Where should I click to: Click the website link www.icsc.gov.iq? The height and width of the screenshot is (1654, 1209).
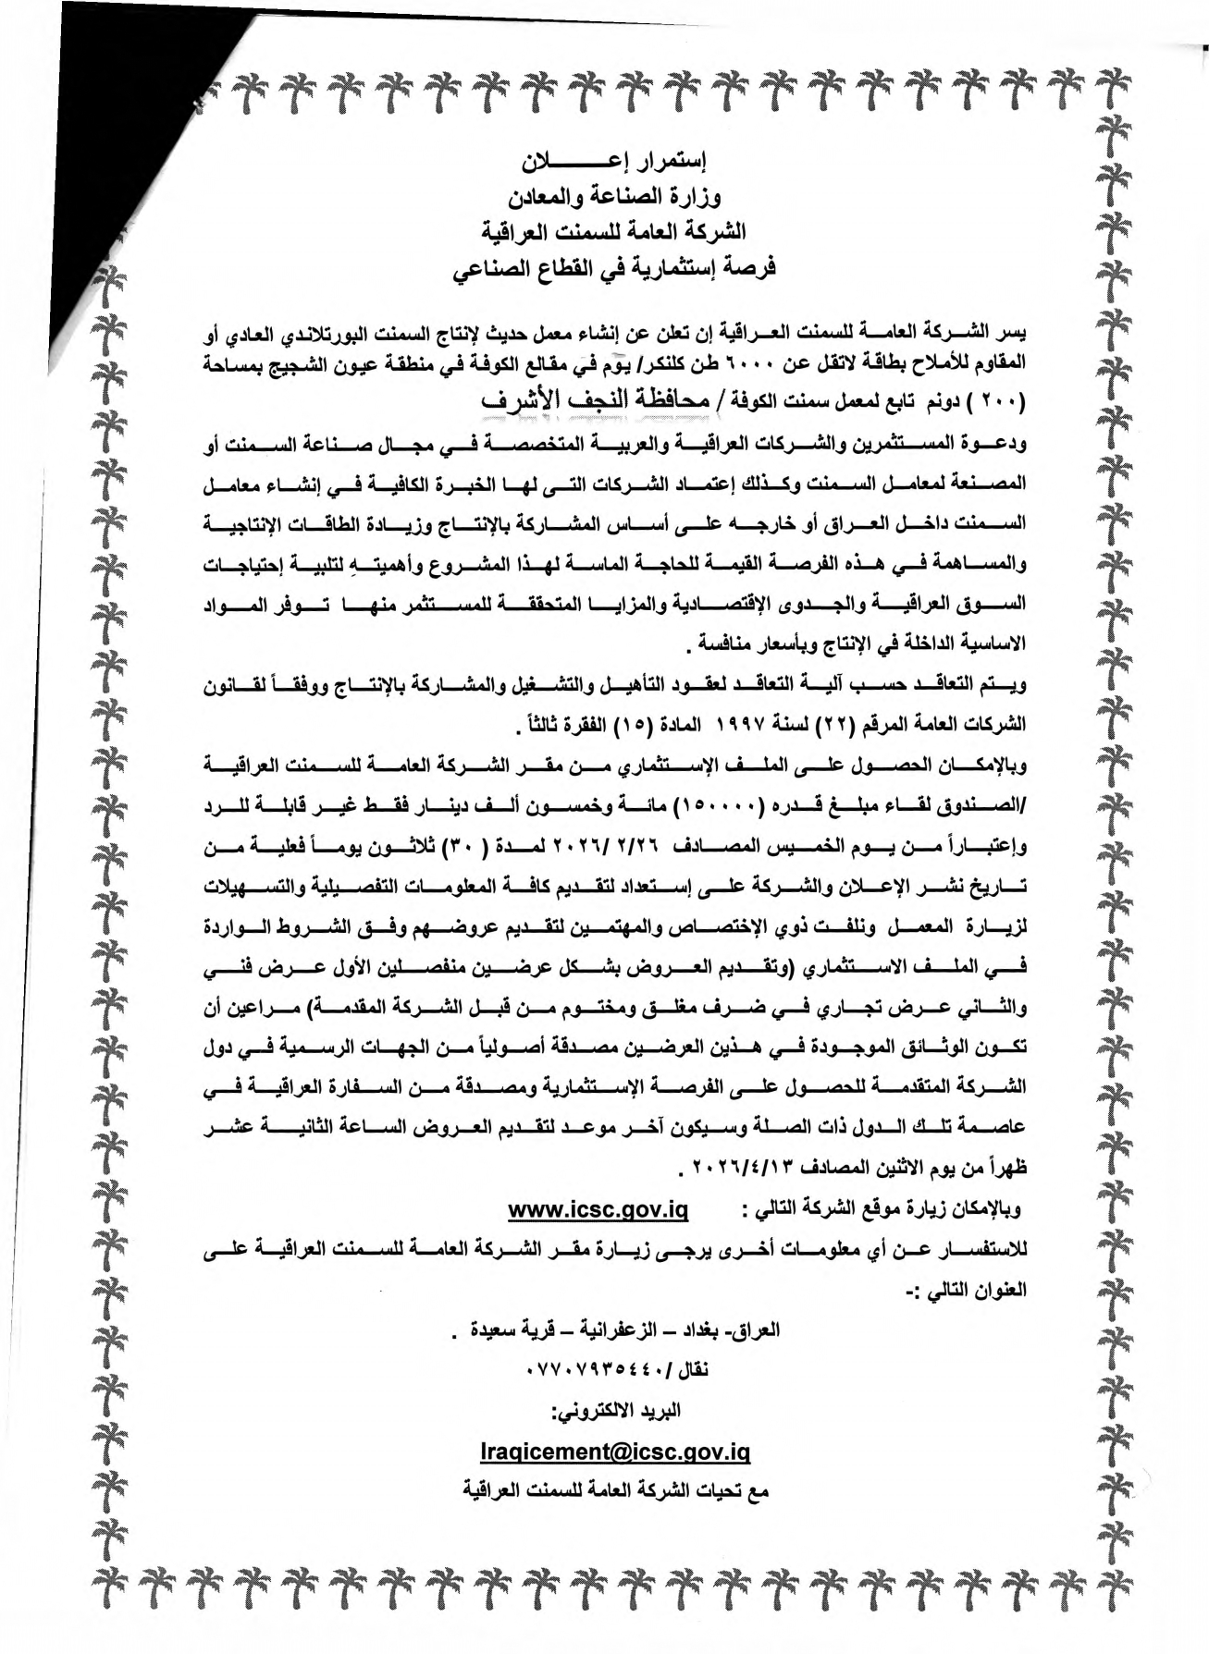point(598,1209)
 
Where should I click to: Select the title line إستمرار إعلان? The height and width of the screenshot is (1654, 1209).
point(615,162)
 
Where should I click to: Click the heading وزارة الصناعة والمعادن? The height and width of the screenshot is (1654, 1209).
point(615,197)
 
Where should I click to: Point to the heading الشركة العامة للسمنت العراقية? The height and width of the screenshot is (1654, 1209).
point(615,231)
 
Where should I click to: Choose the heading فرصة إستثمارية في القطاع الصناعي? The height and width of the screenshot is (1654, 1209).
point(615,268)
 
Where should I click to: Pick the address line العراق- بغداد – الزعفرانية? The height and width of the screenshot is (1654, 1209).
point(615,1330)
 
